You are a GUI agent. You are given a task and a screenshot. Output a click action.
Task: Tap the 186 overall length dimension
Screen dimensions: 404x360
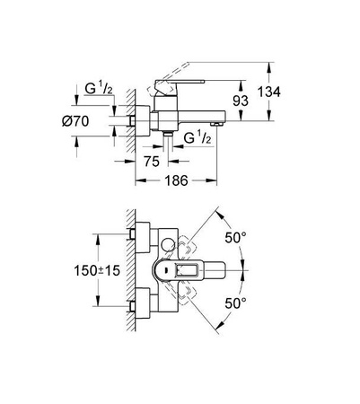coord(180,180)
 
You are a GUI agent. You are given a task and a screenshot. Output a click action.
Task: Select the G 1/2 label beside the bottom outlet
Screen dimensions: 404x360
coord(198,137)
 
